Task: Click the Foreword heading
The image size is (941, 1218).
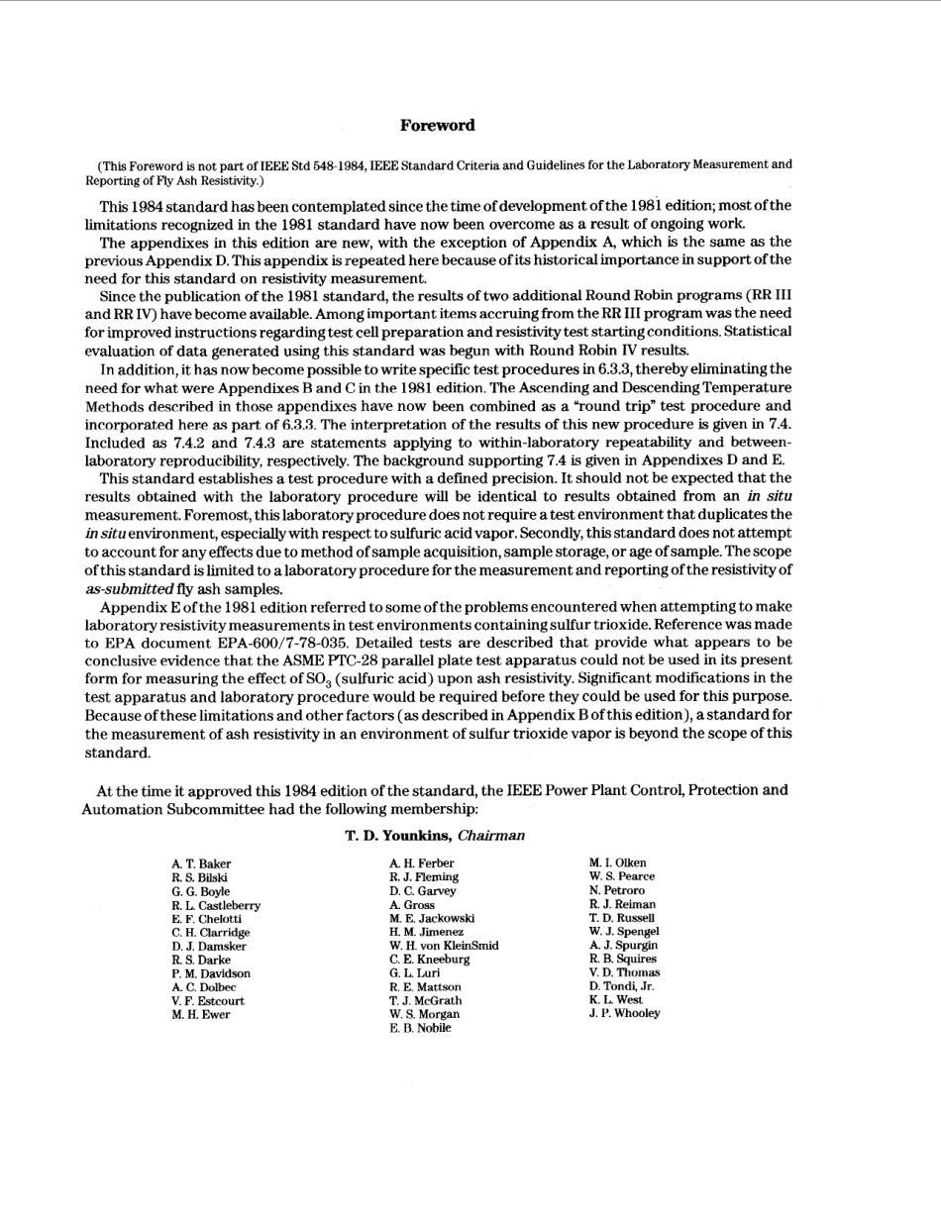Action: pyautogui.click(x=437, y=126)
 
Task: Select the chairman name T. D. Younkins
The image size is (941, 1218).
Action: pyautogui.click(x=397, y=836)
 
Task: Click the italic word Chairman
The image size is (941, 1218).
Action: pyautogui.click(x=491, y=836)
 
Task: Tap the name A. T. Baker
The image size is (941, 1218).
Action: pyautogui.click(x=201, y=863)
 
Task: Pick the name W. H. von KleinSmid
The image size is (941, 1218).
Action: pyautogui.click(x=444, y=946)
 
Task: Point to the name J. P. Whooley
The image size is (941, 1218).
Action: pyautogui.click(x=624, y=1013)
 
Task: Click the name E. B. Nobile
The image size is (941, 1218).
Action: pyautogui.click(x=420, y=1028)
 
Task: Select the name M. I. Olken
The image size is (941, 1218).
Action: pyautogui.click(x=617, y=863)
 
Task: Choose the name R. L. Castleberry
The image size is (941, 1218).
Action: pyautogui.click(x=216, y=905)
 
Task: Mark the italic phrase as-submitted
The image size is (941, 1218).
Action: pyautogui.click(x=129, y=588)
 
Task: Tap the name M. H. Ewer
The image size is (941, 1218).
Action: pyautogui.click(x=200, y=1014)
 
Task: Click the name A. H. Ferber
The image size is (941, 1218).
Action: pyautogui.click(x=422, y=863)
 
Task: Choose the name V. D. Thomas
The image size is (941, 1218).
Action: pyautogui.click(x=624, y=972)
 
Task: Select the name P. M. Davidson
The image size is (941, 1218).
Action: pyautogui.click(x=211, y=973)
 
